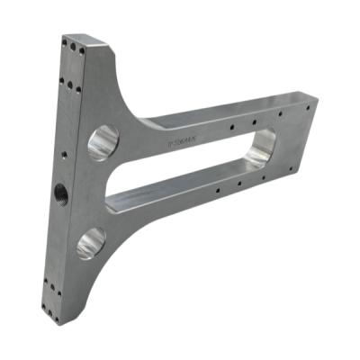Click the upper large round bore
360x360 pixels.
[102, 142]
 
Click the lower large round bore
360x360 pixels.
[90, 241]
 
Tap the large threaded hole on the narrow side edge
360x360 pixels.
[61, 191]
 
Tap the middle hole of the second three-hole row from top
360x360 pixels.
[70, 83]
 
